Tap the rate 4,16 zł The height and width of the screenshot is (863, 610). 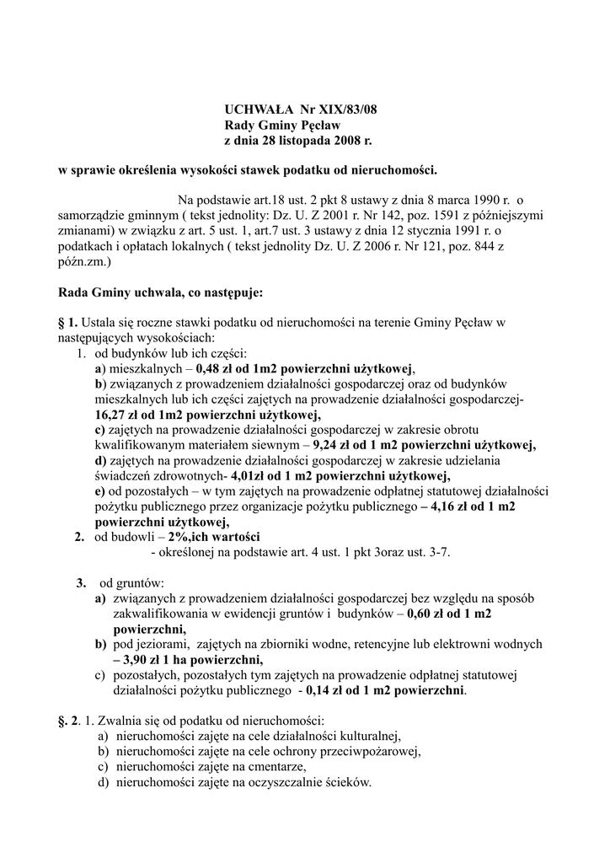452,507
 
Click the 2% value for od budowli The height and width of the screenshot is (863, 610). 178,537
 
